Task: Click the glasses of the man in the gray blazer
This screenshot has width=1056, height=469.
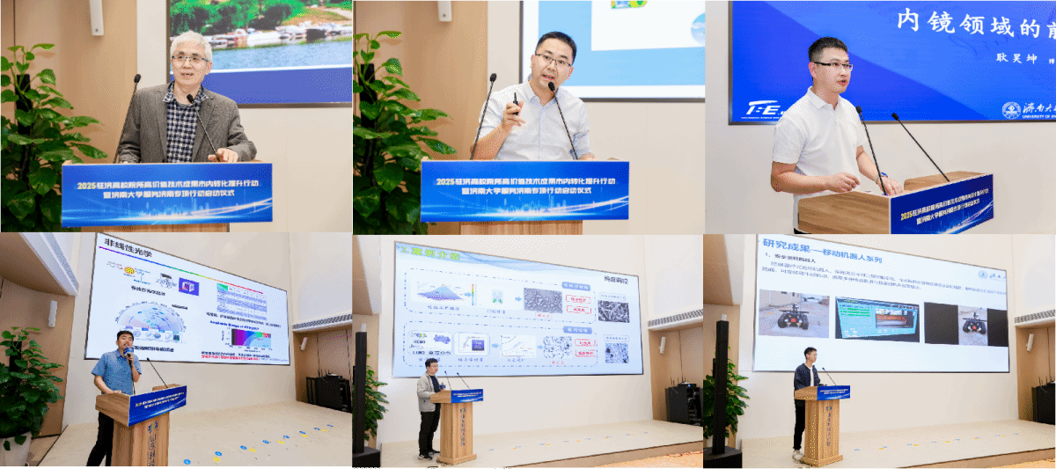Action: tap(189, 59)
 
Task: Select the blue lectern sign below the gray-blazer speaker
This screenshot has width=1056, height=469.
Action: tap(166, 194)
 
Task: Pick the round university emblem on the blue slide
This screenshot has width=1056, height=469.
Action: tap(1011, 110)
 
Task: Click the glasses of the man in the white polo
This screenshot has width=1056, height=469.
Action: tap(832, 65)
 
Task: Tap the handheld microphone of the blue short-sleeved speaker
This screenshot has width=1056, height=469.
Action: tap(128, 353)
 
